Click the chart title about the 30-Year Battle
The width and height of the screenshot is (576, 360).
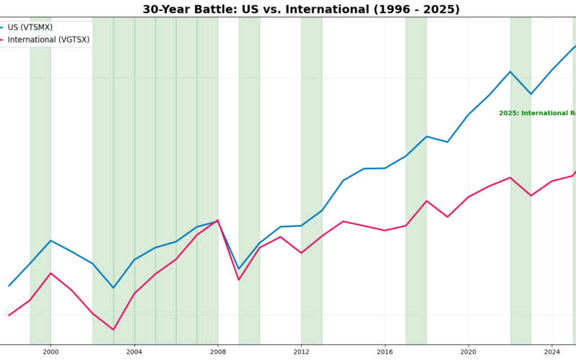click(301, 9)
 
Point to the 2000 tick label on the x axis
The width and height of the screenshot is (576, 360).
click(50, 352)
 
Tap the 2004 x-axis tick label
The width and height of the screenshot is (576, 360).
click(134, 352)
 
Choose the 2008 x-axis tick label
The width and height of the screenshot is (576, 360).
click(217, 352)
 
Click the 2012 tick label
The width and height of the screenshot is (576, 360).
click(301, 352)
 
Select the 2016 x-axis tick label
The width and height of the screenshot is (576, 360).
click(384, 352)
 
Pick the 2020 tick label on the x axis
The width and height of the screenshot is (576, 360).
click(468, 352)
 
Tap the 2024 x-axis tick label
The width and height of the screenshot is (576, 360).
click(552, 352)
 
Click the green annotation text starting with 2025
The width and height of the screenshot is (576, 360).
click(537, 113)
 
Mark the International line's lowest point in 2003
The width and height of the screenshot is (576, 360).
click(113, 330)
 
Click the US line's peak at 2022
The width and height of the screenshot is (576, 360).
click(510, 71)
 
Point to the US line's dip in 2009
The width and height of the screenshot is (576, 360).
click(238, 269)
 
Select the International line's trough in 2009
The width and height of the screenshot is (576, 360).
click(238, 279)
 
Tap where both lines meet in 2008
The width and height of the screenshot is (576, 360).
click(217, 220)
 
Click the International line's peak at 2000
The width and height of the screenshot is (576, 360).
click(50, 273)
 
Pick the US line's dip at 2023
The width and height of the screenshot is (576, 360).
click(531, 94)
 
